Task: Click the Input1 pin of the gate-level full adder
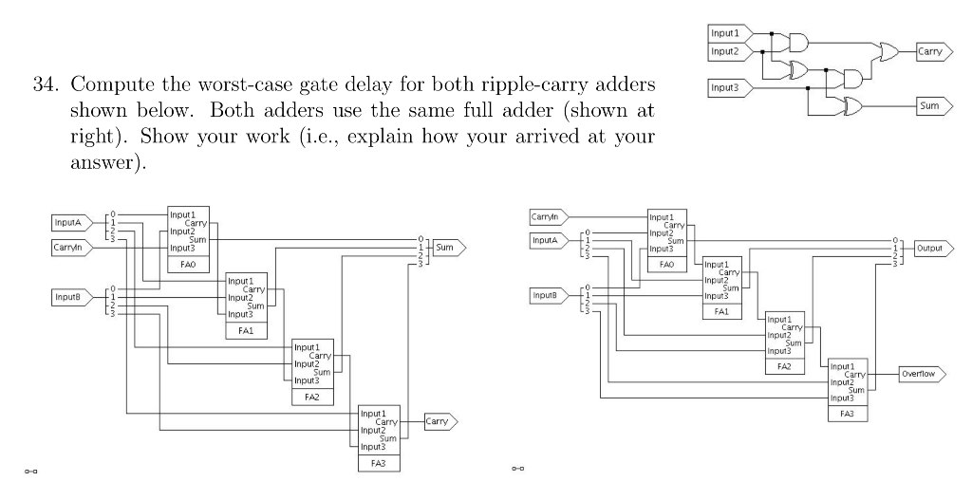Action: (728, 34)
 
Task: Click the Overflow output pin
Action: (919, 374)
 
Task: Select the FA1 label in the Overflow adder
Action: (720, 310)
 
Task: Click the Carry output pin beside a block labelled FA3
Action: (439, 420)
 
